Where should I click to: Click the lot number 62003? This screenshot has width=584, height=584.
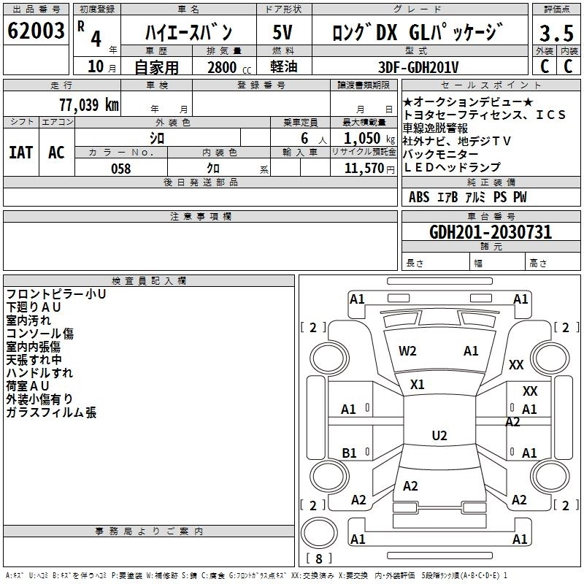(x=36, y=32)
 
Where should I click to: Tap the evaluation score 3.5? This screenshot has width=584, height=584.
(x=556, y=34)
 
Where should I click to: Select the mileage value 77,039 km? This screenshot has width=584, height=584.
(x=88, y=104)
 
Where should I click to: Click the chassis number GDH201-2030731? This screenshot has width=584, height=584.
(x=491, y=232)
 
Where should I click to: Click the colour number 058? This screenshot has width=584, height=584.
(x=120, y=169)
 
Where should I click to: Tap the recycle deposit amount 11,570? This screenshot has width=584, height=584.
(x=363, y=169)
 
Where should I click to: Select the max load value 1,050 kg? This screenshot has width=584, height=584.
(x=363, y=138)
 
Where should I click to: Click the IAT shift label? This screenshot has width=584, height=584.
(x=20, y=152)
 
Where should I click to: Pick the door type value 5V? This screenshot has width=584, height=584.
(x=283, y=33)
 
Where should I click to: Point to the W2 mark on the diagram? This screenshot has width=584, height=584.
(x=407, y=350)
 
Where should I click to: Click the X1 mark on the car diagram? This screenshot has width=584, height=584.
(x=418, y=384)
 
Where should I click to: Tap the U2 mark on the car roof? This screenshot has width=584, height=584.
(x=439, y=436)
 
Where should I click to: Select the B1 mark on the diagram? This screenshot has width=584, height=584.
(x=350, y=453)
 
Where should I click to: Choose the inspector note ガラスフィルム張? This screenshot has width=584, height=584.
(x=51, y=413)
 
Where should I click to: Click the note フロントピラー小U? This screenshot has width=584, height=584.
(x=56, y=294)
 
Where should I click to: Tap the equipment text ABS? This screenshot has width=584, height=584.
(x=419, y=197)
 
